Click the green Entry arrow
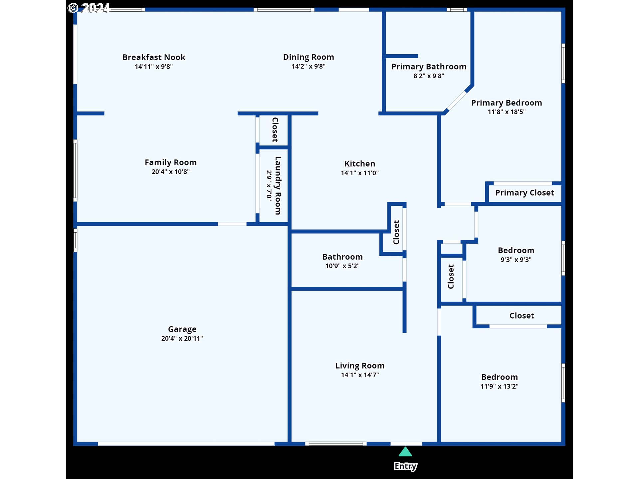[x=405, y=452]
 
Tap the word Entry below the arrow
[x=405, y=466]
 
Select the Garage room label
[x=182, y=329]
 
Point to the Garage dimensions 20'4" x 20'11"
[x=182, y=338]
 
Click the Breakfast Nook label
[x=154, y=57]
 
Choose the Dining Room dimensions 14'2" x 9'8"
[x=309, y=66]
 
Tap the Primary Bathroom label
[x=429, y=67]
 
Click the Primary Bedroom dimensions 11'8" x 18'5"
[x=507, y=112]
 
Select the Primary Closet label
[x=525, y=193]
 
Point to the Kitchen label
[x=360, y=164]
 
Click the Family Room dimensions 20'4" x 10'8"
[x=171, y=172]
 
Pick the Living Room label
[x=360, y=366]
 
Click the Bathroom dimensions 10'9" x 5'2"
[x=342, y=266]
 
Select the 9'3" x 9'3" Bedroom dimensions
[x=516, y=260]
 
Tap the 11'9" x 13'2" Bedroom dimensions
[x=499, y=386]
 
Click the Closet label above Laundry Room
[x=275, y=130]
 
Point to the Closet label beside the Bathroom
[x=396, y=232]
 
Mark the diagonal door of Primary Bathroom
[x=456, y=101]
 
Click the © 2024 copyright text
[x=89, y=8]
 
